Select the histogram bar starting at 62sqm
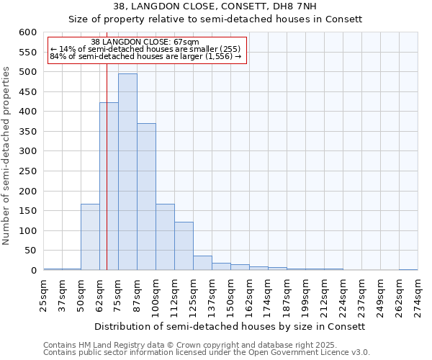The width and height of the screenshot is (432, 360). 109,187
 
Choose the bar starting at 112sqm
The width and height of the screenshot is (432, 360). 184,246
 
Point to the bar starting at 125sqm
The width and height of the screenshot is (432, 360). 202,263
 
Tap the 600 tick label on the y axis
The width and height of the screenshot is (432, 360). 27,32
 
